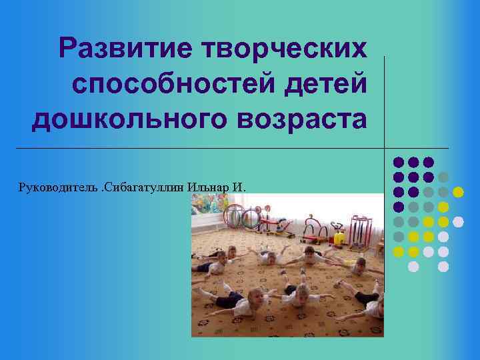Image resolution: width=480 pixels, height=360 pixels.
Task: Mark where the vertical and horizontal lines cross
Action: click(x=385, y=147)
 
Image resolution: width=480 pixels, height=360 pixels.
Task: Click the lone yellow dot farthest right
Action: click(x=458, y=192)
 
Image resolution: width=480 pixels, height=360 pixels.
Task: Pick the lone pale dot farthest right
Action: click(x=458, y=221)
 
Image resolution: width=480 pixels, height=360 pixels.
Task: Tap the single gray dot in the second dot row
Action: click(x=443, y=177)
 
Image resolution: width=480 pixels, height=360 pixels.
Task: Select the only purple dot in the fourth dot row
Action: click(x=398, y=207)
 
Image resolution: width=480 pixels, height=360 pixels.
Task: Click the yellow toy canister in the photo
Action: click(x=339, y=238)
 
